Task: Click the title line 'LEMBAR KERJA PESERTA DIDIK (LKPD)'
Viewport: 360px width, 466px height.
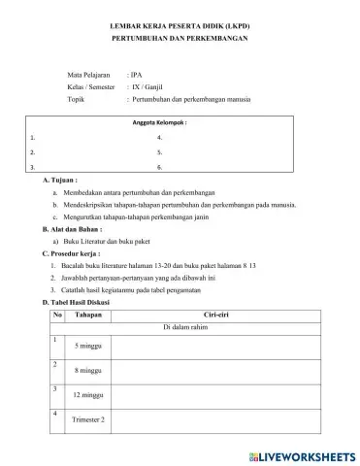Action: tap(180, 21)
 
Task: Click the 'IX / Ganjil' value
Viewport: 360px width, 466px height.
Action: tap(147, 86)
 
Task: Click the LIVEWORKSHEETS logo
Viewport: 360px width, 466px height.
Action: tap(302, 455)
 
